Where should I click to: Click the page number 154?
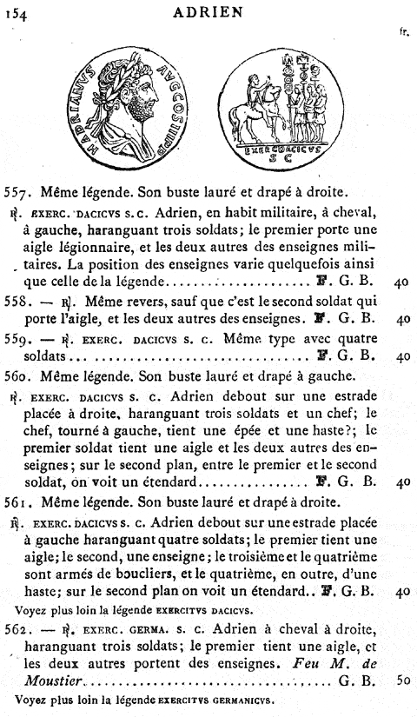pos(17,11)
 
